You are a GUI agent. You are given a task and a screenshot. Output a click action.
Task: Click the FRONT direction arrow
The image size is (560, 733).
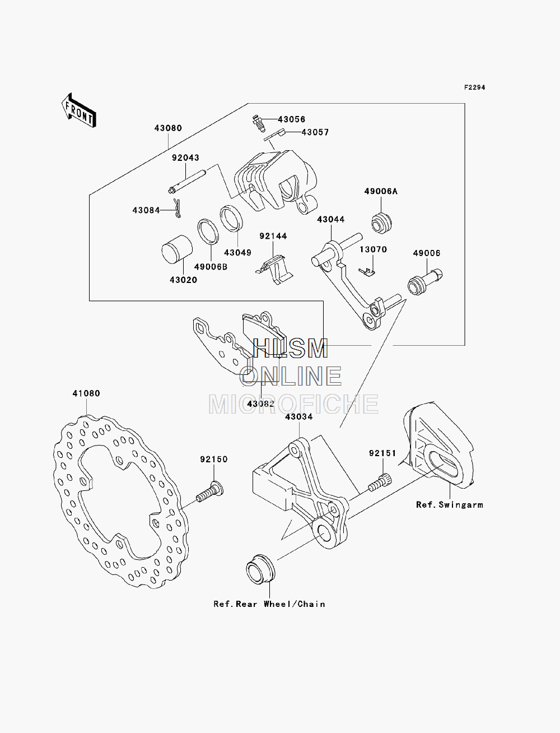point(79,110)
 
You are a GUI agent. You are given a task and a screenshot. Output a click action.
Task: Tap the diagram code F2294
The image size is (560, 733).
point(474,87)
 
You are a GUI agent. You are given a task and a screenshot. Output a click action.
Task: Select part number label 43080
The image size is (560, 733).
point(168,128)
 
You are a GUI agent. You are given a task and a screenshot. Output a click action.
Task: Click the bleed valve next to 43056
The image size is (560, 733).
point(258,123)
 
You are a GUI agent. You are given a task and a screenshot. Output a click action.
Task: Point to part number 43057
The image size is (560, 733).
point(315,132)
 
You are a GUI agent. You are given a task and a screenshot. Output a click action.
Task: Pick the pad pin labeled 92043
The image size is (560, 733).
point(187,182)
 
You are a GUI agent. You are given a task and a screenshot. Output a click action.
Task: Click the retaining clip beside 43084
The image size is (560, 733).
point(177,208)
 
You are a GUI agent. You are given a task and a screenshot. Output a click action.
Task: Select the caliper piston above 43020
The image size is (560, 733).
point(177,249)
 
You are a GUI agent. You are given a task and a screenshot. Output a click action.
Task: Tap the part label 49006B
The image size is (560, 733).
point(211,267)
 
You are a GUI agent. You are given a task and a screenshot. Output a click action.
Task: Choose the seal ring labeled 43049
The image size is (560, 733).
point(231,219)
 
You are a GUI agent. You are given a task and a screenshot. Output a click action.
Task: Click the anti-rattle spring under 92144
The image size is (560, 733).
point(274,269)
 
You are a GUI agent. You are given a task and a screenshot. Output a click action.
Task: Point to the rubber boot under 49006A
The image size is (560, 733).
point(381,222)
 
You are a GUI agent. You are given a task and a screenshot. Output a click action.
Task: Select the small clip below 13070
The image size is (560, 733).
point(367,272)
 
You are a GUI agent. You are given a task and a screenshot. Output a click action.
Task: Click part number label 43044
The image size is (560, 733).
point(331,220)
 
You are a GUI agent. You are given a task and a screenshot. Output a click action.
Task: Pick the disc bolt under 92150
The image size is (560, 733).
point(209,491)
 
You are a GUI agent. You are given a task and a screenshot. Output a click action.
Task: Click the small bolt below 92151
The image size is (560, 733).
point(380,483)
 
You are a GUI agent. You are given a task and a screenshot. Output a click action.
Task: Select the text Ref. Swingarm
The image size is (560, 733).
point(450,505)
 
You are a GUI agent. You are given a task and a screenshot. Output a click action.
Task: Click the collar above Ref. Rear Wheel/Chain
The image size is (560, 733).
point(260,569)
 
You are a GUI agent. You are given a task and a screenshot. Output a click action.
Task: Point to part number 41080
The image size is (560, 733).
point(86,394)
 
